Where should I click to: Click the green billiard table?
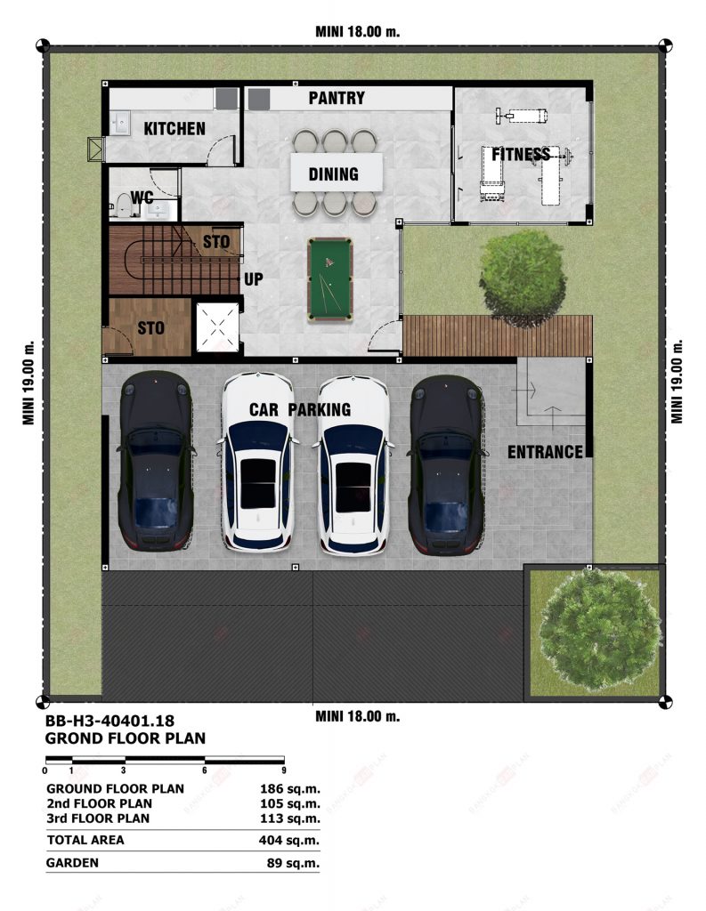329,279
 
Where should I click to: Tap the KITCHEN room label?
174,128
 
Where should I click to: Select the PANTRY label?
337,98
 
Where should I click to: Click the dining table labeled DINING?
337,172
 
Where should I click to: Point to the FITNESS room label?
521,154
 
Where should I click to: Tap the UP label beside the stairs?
253,279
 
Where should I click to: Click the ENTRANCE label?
545,452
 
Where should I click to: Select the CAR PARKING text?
300,409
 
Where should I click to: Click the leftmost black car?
155,461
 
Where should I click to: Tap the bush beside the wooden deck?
523,278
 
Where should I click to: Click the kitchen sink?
122,123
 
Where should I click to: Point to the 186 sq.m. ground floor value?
289,789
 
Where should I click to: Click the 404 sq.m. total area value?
289,840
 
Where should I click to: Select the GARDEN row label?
73,863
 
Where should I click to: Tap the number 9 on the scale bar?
284,770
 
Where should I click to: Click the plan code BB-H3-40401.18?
110,721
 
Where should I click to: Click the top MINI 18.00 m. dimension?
358,31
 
